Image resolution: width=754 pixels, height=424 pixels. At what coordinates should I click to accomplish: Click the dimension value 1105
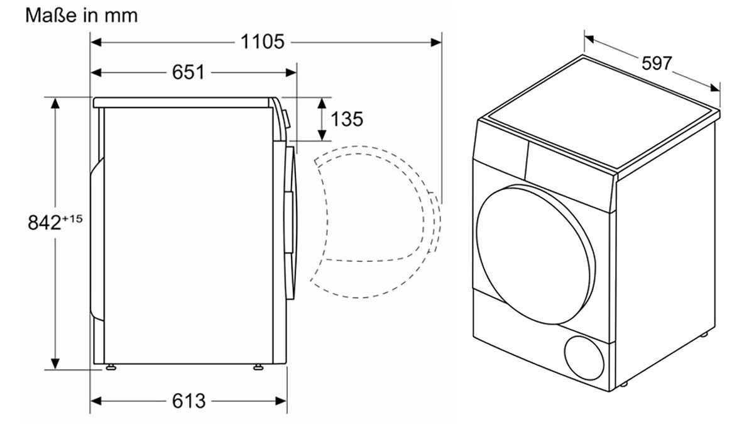[263, 42]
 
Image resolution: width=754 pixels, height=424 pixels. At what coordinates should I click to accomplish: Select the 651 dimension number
[188, 72]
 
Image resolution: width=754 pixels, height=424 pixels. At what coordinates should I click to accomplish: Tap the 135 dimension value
[347, 118]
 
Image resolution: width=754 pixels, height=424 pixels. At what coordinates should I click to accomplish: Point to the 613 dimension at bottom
[188, 400]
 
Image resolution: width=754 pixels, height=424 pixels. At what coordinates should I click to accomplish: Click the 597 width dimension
[657, 63]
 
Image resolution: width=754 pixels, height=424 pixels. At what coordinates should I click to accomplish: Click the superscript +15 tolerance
[72, 218]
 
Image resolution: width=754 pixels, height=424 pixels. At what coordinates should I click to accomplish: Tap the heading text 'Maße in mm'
[81, 15]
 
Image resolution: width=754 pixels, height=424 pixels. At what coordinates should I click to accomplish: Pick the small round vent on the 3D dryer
[586, 355]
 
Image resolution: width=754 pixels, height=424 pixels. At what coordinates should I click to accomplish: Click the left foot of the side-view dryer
[111, 367]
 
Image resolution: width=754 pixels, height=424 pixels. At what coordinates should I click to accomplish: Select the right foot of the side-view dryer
[258, 367]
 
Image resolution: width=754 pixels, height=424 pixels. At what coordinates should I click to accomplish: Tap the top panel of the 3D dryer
[603, 113]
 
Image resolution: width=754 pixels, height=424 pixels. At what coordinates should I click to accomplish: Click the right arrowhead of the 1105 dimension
[436, 42]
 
